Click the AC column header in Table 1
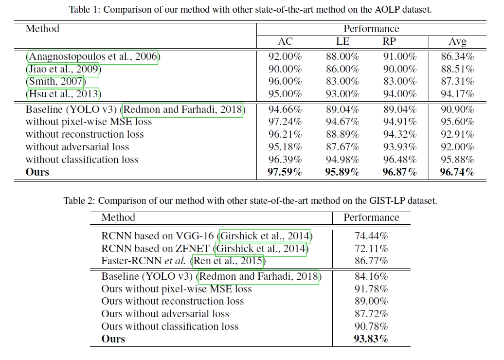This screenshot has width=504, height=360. click(x=285, y=42)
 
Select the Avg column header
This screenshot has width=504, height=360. click(x=457, y=42)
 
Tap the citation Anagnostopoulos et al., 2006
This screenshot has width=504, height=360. click(x=93, y=57)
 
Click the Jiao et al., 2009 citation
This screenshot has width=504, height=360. click(x=63, y=70)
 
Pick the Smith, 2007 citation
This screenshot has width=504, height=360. click(x=55, y=82)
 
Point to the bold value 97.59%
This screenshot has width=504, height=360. click(x=285, y=172)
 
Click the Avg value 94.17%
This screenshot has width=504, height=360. click(x=457, y=94)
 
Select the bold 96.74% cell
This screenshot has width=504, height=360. click(x=457, y=172)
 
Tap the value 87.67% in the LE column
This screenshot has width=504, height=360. click(x=342, y=147)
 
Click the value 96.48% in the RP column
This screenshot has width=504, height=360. click(x=400, y=160)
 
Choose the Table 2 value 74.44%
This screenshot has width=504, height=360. click(x=371, y=236)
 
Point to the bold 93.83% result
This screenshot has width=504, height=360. click(x=371, y=339)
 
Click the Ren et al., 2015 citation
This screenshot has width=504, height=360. click(x=229, y=261)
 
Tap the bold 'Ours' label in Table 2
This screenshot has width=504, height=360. click(x=113, y=339)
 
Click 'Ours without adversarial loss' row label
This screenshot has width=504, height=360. click(x=165, y=314)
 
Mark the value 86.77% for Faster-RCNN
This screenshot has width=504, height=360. click(x=371, y=261)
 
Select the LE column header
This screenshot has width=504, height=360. click(x=342, y=42)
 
